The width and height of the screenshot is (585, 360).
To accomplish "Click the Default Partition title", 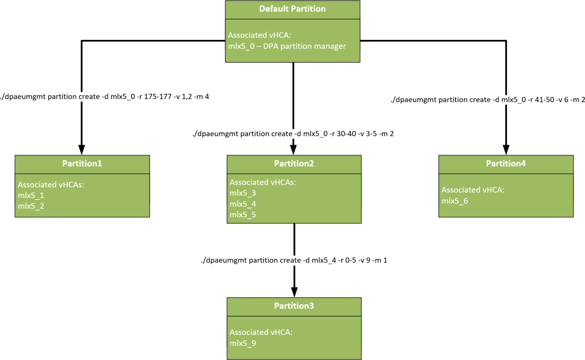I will click(x=292, y=9).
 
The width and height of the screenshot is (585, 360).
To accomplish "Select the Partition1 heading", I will click(x=82, y=163).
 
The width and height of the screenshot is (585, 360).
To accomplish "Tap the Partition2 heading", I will click(x=294, y=163).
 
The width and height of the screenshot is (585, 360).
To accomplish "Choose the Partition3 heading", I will click(x=294, y=306).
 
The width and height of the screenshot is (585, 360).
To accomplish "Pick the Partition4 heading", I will click(x=506, y=163).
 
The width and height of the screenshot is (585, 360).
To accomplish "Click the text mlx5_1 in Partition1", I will click(x=31, y=195).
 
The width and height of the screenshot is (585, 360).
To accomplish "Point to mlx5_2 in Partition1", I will click(x=31, y=206).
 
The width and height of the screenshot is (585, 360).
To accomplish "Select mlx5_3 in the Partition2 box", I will click(x=243, y=193).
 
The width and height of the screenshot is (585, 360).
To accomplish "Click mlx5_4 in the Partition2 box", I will click(x=243, y=204).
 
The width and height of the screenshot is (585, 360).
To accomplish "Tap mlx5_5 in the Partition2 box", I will click(x=243, y=215).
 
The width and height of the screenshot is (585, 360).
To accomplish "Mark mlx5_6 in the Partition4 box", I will click(x=455, y=201).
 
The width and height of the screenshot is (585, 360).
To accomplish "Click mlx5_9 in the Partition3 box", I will click(x=243, y=343).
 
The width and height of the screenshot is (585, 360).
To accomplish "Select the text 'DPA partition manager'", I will click(x=304, y=46).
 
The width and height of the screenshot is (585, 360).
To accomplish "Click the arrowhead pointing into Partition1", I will click(x=82, y=150).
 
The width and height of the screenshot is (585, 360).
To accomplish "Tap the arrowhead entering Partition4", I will click(x=506, y=150).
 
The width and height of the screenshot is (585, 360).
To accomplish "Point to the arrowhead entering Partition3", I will click(x=294, y=292).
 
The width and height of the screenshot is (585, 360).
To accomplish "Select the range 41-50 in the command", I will click(x=544, y=100).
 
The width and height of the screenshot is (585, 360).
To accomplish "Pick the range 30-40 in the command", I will click(x=346, y=134).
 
